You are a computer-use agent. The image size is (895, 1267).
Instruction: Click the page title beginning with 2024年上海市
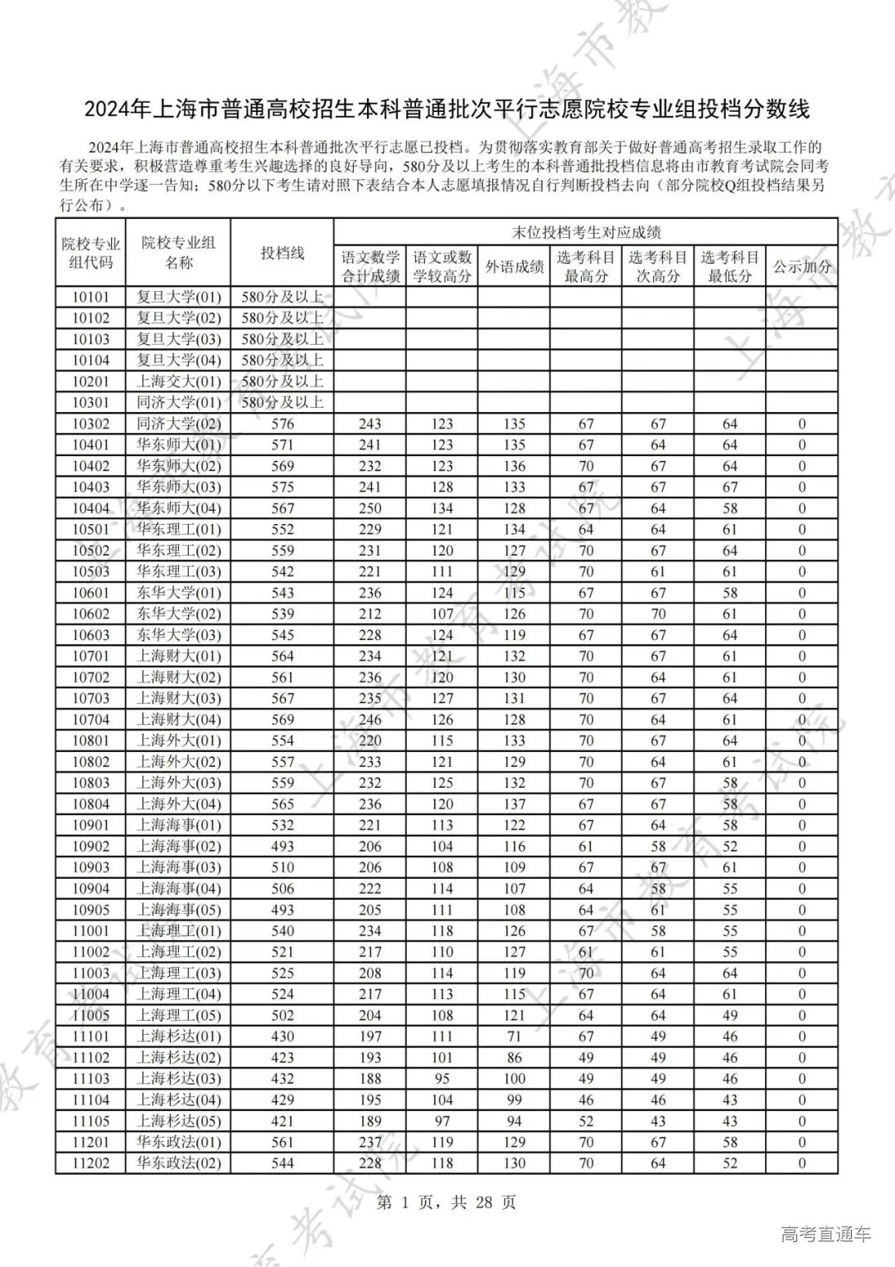(447, 109)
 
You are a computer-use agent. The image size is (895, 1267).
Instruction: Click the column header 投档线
(282, 253)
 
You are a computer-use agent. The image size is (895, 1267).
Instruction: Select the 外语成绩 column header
(514, 266)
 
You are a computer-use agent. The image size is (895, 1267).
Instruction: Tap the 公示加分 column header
(801, 266)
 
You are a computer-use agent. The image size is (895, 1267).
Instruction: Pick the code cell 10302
(90, 424)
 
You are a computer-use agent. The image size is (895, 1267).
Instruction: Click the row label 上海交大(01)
(179, 381)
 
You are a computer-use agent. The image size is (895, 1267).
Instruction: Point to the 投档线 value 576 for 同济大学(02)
(282, 424)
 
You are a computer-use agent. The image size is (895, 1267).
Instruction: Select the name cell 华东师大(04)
(179, 508)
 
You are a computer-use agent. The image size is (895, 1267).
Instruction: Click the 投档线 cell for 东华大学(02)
(282, 614)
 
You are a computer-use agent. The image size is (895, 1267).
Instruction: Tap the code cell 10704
(90, 720)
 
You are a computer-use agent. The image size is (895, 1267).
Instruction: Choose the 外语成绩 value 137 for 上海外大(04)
(514, 804)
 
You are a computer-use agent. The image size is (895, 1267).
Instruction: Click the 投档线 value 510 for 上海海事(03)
(282, 867)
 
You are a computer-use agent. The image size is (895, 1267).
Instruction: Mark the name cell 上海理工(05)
(179, 1015)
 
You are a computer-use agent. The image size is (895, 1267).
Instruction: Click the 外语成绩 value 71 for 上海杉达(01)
(514, 1036)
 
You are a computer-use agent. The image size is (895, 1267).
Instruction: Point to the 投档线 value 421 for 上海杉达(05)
(282, 1121)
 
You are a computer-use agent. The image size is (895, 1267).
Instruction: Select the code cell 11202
(90, 1163)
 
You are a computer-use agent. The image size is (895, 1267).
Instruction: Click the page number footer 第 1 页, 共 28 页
(447, 1201)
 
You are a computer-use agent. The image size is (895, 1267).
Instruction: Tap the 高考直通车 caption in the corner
(825, 1235)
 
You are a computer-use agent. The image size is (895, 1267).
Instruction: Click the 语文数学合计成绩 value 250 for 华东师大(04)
(370, 508)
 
